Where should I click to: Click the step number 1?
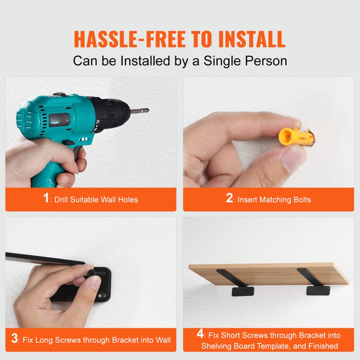pos(46,198)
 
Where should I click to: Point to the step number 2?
pos(229,198)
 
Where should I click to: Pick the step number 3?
pos(14,339)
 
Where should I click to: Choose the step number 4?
pos(200,334)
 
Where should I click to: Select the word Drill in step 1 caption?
pos(63,199)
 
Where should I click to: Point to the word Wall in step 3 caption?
pos(163,340)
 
